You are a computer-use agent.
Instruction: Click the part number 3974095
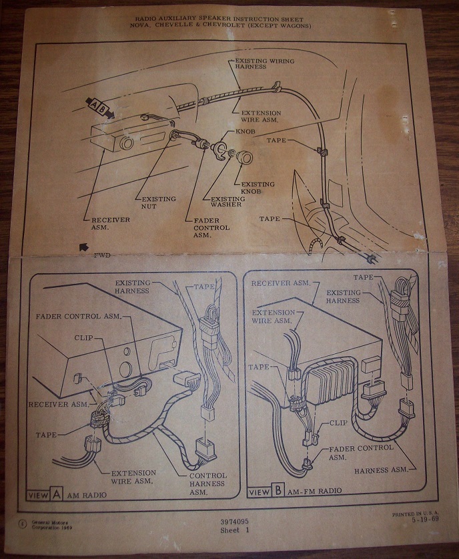pos(234,522)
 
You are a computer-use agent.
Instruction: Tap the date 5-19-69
pos(425,519)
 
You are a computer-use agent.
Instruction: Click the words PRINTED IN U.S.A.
pos(416,514)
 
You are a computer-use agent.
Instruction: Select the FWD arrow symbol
pos(84,247)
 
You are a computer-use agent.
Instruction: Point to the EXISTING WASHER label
pos(227,202)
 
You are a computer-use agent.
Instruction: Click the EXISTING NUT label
pos(159,202)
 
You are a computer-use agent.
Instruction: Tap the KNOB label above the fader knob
pos(246,131)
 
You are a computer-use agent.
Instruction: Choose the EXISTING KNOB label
pos(258,188)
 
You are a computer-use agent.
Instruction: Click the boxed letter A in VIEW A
pos(57,494)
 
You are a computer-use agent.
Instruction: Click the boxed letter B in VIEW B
pos(278,491)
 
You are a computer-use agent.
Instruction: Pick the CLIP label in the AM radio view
pos(83,338)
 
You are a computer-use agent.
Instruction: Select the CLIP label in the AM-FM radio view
pos(338,423)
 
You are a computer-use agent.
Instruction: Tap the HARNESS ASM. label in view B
pos(381,471)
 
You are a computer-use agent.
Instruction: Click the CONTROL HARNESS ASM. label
pos(207,484)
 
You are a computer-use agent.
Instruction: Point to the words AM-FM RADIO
pos(314,491)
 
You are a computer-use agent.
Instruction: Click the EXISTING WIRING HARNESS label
pos(265,64)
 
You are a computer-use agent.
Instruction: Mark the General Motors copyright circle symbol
pos(23,524)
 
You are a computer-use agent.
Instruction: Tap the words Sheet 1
pos(235,530)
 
